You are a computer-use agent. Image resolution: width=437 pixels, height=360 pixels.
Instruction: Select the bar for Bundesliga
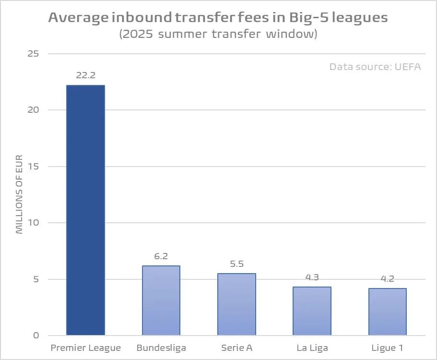pyautogui.click(x=161, y=300)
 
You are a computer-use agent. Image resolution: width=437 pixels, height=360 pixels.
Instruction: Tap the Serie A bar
pyautogui.click(x=236, y=304)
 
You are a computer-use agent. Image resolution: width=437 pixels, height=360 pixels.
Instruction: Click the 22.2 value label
pyautogui.click(x=85, y=75)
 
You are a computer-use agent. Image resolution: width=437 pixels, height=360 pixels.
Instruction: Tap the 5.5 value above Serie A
pyautogui.click(x=236, y=264)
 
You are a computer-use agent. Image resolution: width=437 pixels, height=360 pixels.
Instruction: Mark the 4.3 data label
pyautogui.click(x=312, y=277)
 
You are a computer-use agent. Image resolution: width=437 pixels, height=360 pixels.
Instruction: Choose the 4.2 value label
pyautogui.click(x=388, y=278)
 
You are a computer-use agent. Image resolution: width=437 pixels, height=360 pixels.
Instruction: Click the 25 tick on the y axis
pyautogui.click(x=33, y=53)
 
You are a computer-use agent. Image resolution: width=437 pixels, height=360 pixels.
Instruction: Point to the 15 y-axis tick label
pyautogui.click(x=33, y=166)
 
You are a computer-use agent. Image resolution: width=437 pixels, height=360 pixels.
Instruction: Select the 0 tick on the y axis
pyautogui.click(x=36, y=336)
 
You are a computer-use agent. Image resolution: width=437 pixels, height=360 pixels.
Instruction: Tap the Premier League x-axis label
pyautogui.click(x=85, y=348)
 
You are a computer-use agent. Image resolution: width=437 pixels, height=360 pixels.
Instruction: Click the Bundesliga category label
pyautogui.click(x=161, y=348)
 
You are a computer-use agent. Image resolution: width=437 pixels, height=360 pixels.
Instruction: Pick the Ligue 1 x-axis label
pyautogui.click(x=388, y=348)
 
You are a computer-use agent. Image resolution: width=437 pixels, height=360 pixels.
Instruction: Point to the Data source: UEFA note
pyautogui.click(x=375, y=67)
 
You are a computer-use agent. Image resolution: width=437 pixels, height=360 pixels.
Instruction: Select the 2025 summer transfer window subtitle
pyautogui.click(x=218, y=35)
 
